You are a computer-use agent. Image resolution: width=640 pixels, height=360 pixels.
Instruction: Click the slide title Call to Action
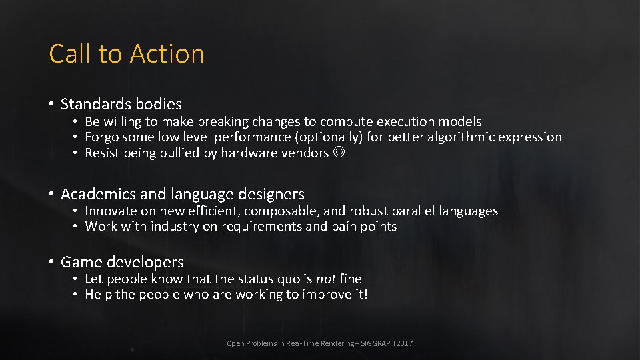(126, 53)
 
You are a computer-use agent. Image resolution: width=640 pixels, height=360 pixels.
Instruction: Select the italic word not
(326, 279)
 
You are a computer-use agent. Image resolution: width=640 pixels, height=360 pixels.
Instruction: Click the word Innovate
(111, 211)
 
